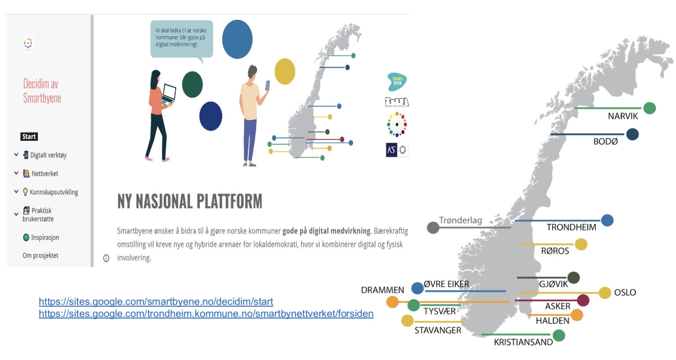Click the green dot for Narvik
pos(649,108)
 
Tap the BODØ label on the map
pos(606,142)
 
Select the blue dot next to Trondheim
pos(607,220)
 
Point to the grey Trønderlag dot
pos(433,228)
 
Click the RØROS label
pos(555,251)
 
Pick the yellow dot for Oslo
pos(605,293)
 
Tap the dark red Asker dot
pos(583,300)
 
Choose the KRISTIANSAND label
pos(523,342)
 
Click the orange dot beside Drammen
pos(392,302)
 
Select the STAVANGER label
pos(437,331)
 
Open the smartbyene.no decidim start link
pos(156,301)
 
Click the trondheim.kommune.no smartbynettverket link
pos(206,314)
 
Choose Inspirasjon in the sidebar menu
pos(44,238)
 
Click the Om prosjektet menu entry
pos(40,256)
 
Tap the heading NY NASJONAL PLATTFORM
pos(190,202)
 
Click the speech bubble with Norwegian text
pos(181,38)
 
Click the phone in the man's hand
pos(267,85)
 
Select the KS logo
pos(391,150)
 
